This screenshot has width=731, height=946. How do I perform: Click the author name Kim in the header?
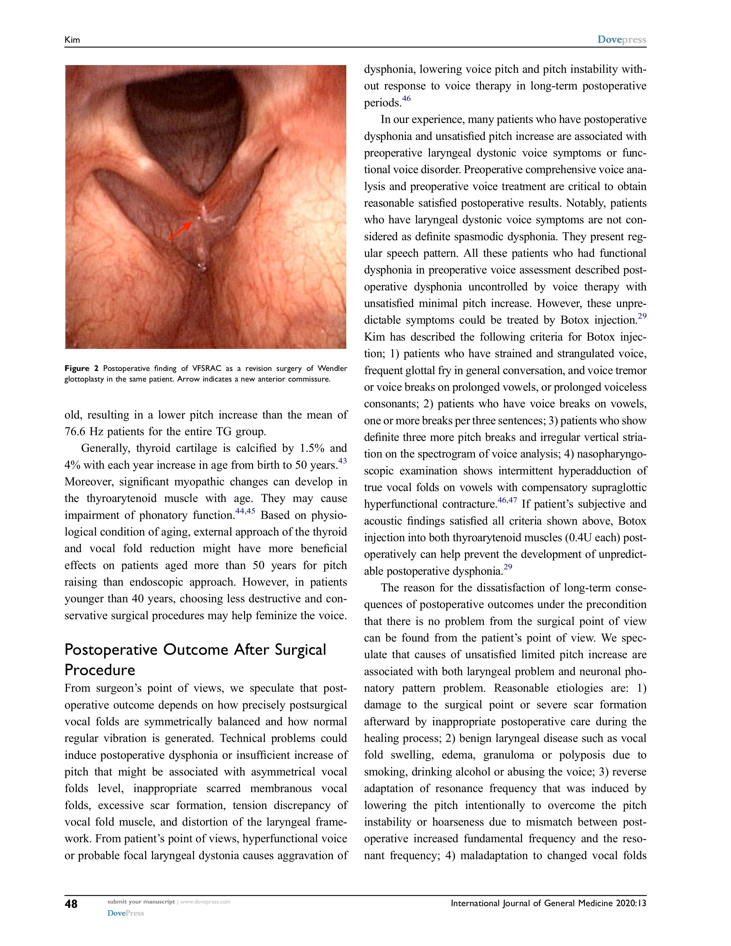[72, 40]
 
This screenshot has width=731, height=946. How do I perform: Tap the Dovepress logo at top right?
[621, 40]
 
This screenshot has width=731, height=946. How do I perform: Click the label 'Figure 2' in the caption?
[81, 369]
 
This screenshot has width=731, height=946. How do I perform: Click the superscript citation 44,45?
[245, 511]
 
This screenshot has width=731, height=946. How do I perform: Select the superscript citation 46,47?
[507, 500]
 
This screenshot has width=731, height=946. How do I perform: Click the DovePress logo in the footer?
[126, 913]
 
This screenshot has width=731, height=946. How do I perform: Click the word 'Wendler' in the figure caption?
[332, 369]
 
